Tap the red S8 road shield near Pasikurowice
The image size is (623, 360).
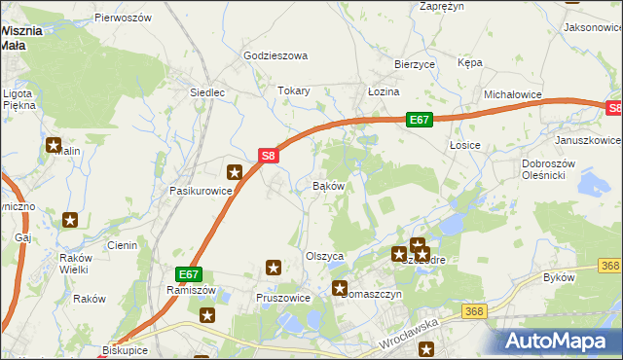click(x=270, y=155)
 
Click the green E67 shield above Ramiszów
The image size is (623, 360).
click(x=189, y=275)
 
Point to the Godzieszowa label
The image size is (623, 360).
click(x=275, y=56)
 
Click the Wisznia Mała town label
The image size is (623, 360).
click(x=21, y=37)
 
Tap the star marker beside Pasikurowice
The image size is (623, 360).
click(x=235, y=172)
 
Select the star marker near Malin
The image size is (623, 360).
click(x=54, y=145)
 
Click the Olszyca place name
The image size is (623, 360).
click(x=325, y=256)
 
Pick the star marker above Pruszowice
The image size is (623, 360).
click(x=274, y=267)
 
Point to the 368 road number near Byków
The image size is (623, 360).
click(x=609, y=266)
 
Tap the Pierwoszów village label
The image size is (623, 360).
click(x=123, y=18)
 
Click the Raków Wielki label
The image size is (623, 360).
click(x=67, y=264)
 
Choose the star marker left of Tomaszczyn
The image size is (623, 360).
click(x=340, y=288)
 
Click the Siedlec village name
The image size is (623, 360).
click(x=206, y=93)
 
